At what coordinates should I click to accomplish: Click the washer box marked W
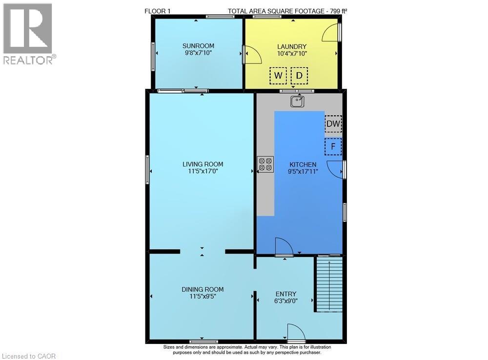coord(278,75)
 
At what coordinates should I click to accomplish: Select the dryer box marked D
coord(299,75)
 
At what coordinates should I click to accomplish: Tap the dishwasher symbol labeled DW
coord(333,124)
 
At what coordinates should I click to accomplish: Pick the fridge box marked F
coord(333,147)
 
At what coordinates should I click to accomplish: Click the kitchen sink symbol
coord(298,101)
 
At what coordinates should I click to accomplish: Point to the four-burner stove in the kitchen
coord(265,165)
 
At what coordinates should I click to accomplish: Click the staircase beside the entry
coord(329,284)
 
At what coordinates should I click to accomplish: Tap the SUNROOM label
coord(198,46)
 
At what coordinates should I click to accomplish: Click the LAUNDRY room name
coord(292,46)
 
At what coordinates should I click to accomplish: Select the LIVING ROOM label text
coord(203,164)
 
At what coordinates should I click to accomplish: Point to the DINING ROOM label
coord(203,289)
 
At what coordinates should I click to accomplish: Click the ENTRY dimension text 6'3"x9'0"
coord(285,301)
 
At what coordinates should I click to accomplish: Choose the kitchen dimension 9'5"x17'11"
coord(303,171)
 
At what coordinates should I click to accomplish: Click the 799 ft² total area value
coord(337,11)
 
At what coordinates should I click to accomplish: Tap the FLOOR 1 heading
coord(158,11)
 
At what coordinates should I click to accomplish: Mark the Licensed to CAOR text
coord(29,356)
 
